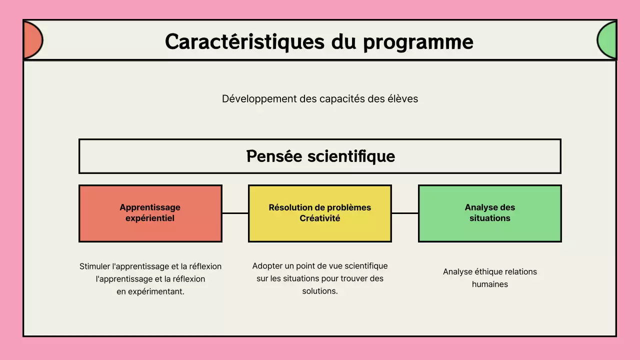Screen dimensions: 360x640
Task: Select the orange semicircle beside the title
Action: coord(32,40)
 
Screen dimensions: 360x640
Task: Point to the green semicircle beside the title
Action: coord(607,40)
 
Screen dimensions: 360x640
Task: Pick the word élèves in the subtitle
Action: coord(402,99)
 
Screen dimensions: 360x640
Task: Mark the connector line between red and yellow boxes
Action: coord(235,213)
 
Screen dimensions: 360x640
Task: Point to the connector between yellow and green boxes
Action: coord(404,213)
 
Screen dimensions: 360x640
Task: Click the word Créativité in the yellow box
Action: coord(320,218)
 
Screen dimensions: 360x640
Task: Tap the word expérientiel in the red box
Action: coord(150,218)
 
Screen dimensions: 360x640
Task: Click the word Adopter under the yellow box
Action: coord(268,266)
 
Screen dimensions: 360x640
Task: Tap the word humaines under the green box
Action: coord(490,284)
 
